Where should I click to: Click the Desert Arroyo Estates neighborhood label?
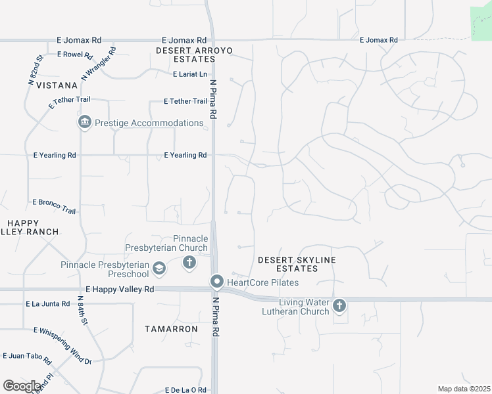click(x=195, y=55)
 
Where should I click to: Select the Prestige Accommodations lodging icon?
click(x=84, y=123)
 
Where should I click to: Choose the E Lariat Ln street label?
click(x=189, y=74)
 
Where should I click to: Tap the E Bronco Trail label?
click(x=54, y=206)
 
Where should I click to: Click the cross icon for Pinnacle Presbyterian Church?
click(x=189, y=263)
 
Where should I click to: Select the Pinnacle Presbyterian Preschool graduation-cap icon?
click(x=159, y=269)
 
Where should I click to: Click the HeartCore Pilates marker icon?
click(x=217, y=282)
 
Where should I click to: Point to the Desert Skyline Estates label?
click(x=297, y=264)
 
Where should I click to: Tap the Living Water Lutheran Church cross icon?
click(x=339, y=305)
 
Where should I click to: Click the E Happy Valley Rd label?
click(x=120, y=289)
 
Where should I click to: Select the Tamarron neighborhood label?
click(x=171, y=328)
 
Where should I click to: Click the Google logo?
click(x=22, y=385)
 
